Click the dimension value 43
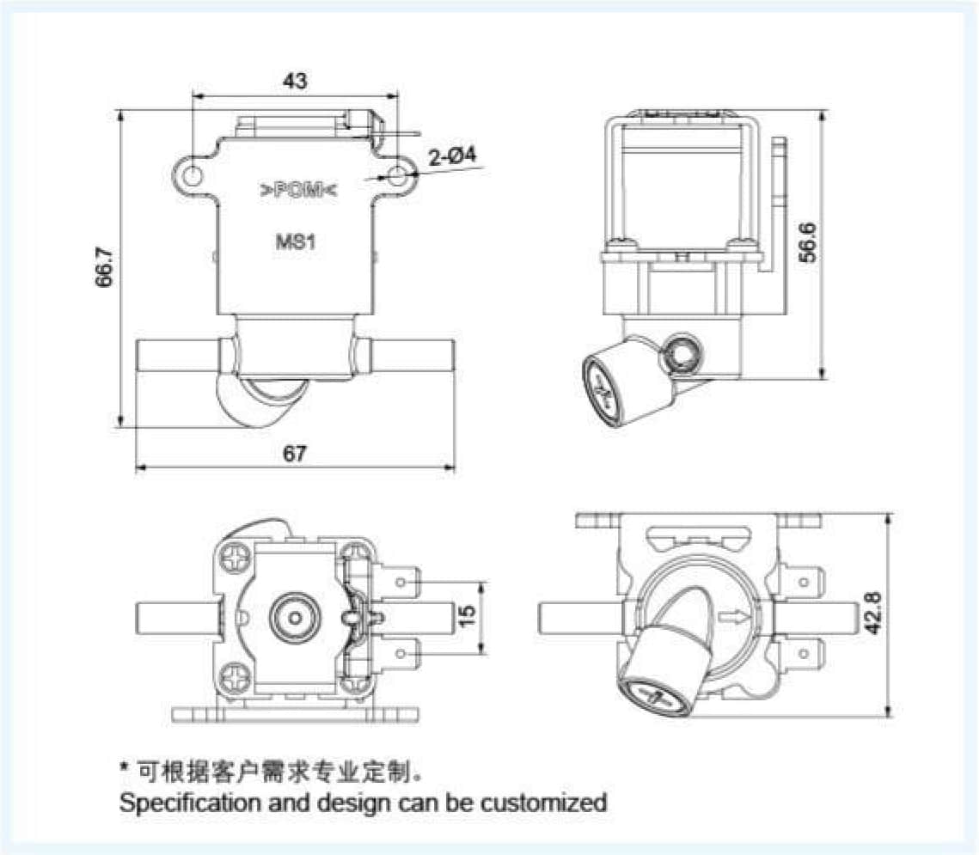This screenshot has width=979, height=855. (295, 81)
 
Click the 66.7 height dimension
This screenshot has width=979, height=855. (104, 272)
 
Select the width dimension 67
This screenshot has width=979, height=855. (295, 455)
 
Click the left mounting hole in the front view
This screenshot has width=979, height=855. (193, 175)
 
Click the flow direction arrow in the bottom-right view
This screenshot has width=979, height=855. (736, 615)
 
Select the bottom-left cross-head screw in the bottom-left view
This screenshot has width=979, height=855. (235, 676)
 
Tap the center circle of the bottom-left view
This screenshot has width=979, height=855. (294, 616)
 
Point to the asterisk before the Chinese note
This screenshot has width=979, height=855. (125, 767)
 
